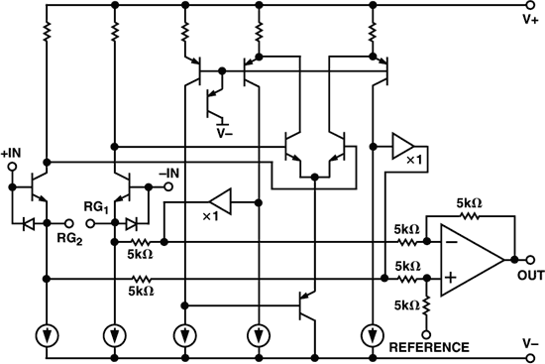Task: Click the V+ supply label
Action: [x=531, y=17]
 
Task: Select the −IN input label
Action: [x=169, y=173]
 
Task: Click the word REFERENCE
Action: [x=429, y=347]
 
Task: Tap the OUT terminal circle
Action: [x=517, y=260]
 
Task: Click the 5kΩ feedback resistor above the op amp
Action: [x=470, y=214]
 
